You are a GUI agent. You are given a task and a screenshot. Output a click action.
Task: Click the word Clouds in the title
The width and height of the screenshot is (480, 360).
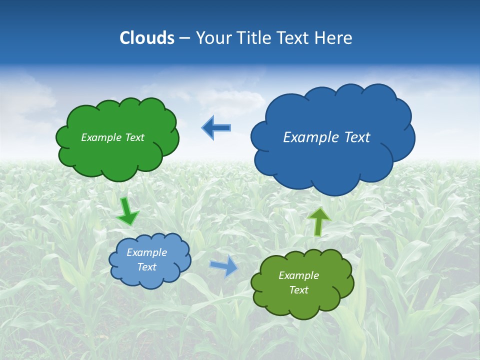(147, 38)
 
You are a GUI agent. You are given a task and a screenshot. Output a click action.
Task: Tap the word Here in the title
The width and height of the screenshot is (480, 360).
(333, 38)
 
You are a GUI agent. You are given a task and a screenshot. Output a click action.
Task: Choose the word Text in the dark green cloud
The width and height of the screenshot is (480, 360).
(134, 137)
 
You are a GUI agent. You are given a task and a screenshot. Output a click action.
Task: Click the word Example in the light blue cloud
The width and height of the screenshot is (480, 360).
(146, 252)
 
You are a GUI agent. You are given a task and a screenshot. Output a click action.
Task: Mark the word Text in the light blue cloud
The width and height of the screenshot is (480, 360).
(146, 267)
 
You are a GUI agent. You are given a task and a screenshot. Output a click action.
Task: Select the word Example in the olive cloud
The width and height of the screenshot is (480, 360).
(298, 275)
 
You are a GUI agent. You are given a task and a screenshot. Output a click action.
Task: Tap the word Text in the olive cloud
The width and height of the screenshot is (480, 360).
(298, 290)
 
